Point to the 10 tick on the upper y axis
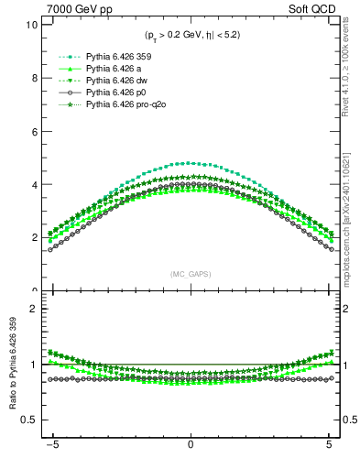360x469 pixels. [x=30, y=25]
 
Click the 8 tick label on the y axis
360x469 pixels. [x=33, y=78]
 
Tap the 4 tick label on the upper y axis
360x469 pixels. [x=33, y=184]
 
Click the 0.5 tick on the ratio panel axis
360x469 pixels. [x=28, y=420]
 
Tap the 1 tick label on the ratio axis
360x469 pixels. [x=33, y=365]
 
